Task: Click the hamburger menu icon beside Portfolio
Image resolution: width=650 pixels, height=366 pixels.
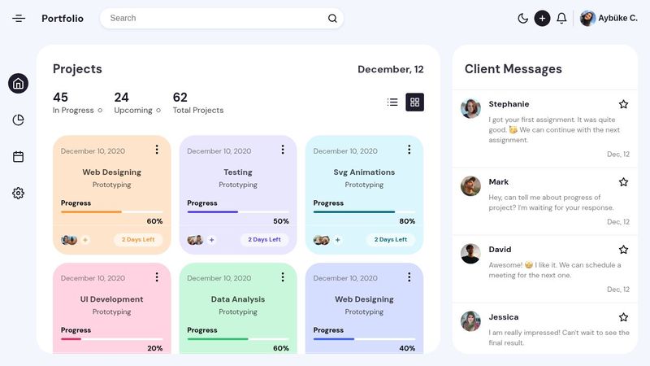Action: [x=19, y=18]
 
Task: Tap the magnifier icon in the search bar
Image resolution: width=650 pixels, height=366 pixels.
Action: [x=332, y=18]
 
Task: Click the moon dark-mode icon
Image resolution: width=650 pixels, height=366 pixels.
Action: [x=522, y=18]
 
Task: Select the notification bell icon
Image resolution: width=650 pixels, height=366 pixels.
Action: [x=561, y=18]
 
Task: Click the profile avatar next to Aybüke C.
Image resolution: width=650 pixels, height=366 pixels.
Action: [x=587, y=18]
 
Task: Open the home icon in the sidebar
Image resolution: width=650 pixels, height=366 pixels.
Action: [x=18, y=83]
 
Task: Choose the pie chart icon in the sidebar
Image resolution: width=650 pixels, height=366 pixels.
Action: [x=18, y=120]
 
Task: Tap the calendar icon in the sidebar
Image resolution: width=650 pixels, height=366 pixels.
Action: [x=18, y=157]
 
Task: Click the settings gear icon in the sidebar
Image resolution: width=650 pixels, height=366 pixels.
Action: [x=18, y=193]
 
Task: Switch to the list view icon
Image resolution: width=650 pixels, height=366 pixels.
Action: [x=392, y=102]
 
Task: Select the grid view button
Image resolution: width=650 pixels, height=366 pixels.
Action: [x=414, y=102]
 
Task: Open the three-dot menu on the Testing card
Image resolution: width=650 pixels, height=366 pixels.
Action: [x=283, y=150]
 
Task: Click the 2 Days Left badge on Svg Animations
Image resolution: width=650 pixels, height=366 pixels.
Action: [x=390, y=240]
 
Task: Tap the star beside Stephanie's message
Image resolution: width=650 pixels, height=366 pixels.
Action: [x=623, y=104]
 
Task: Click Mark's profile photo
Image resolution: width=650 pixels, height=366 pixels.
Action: [x=470, y=185]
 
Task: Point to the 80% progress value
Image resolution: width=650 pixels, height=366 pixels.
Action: [x=407, y=221]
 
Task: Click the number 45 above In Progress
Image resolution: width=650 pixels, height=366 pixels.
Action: [x=60, y=98]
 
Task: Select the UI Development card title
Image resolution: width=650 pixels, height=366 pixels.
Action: [x=111, y=299]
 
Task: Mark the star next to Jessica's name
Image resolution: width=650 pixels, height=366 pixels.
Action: [x=623, y=317]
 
